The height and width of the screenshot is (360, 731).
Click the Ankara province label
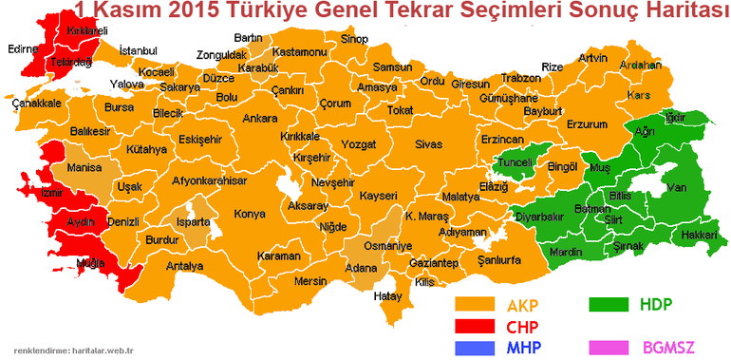coord(260,120)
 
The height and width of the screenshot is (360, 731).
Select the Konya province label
coord(250,214)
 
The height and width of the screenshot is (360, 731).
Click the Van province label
coord(677,188)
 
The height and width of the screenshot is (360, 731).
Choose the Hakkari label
coord(699,234)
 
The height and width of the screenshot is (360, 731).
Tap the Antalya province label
coord(184,267)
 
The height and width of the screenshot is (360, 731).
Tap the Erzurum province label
coord(586,124)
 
